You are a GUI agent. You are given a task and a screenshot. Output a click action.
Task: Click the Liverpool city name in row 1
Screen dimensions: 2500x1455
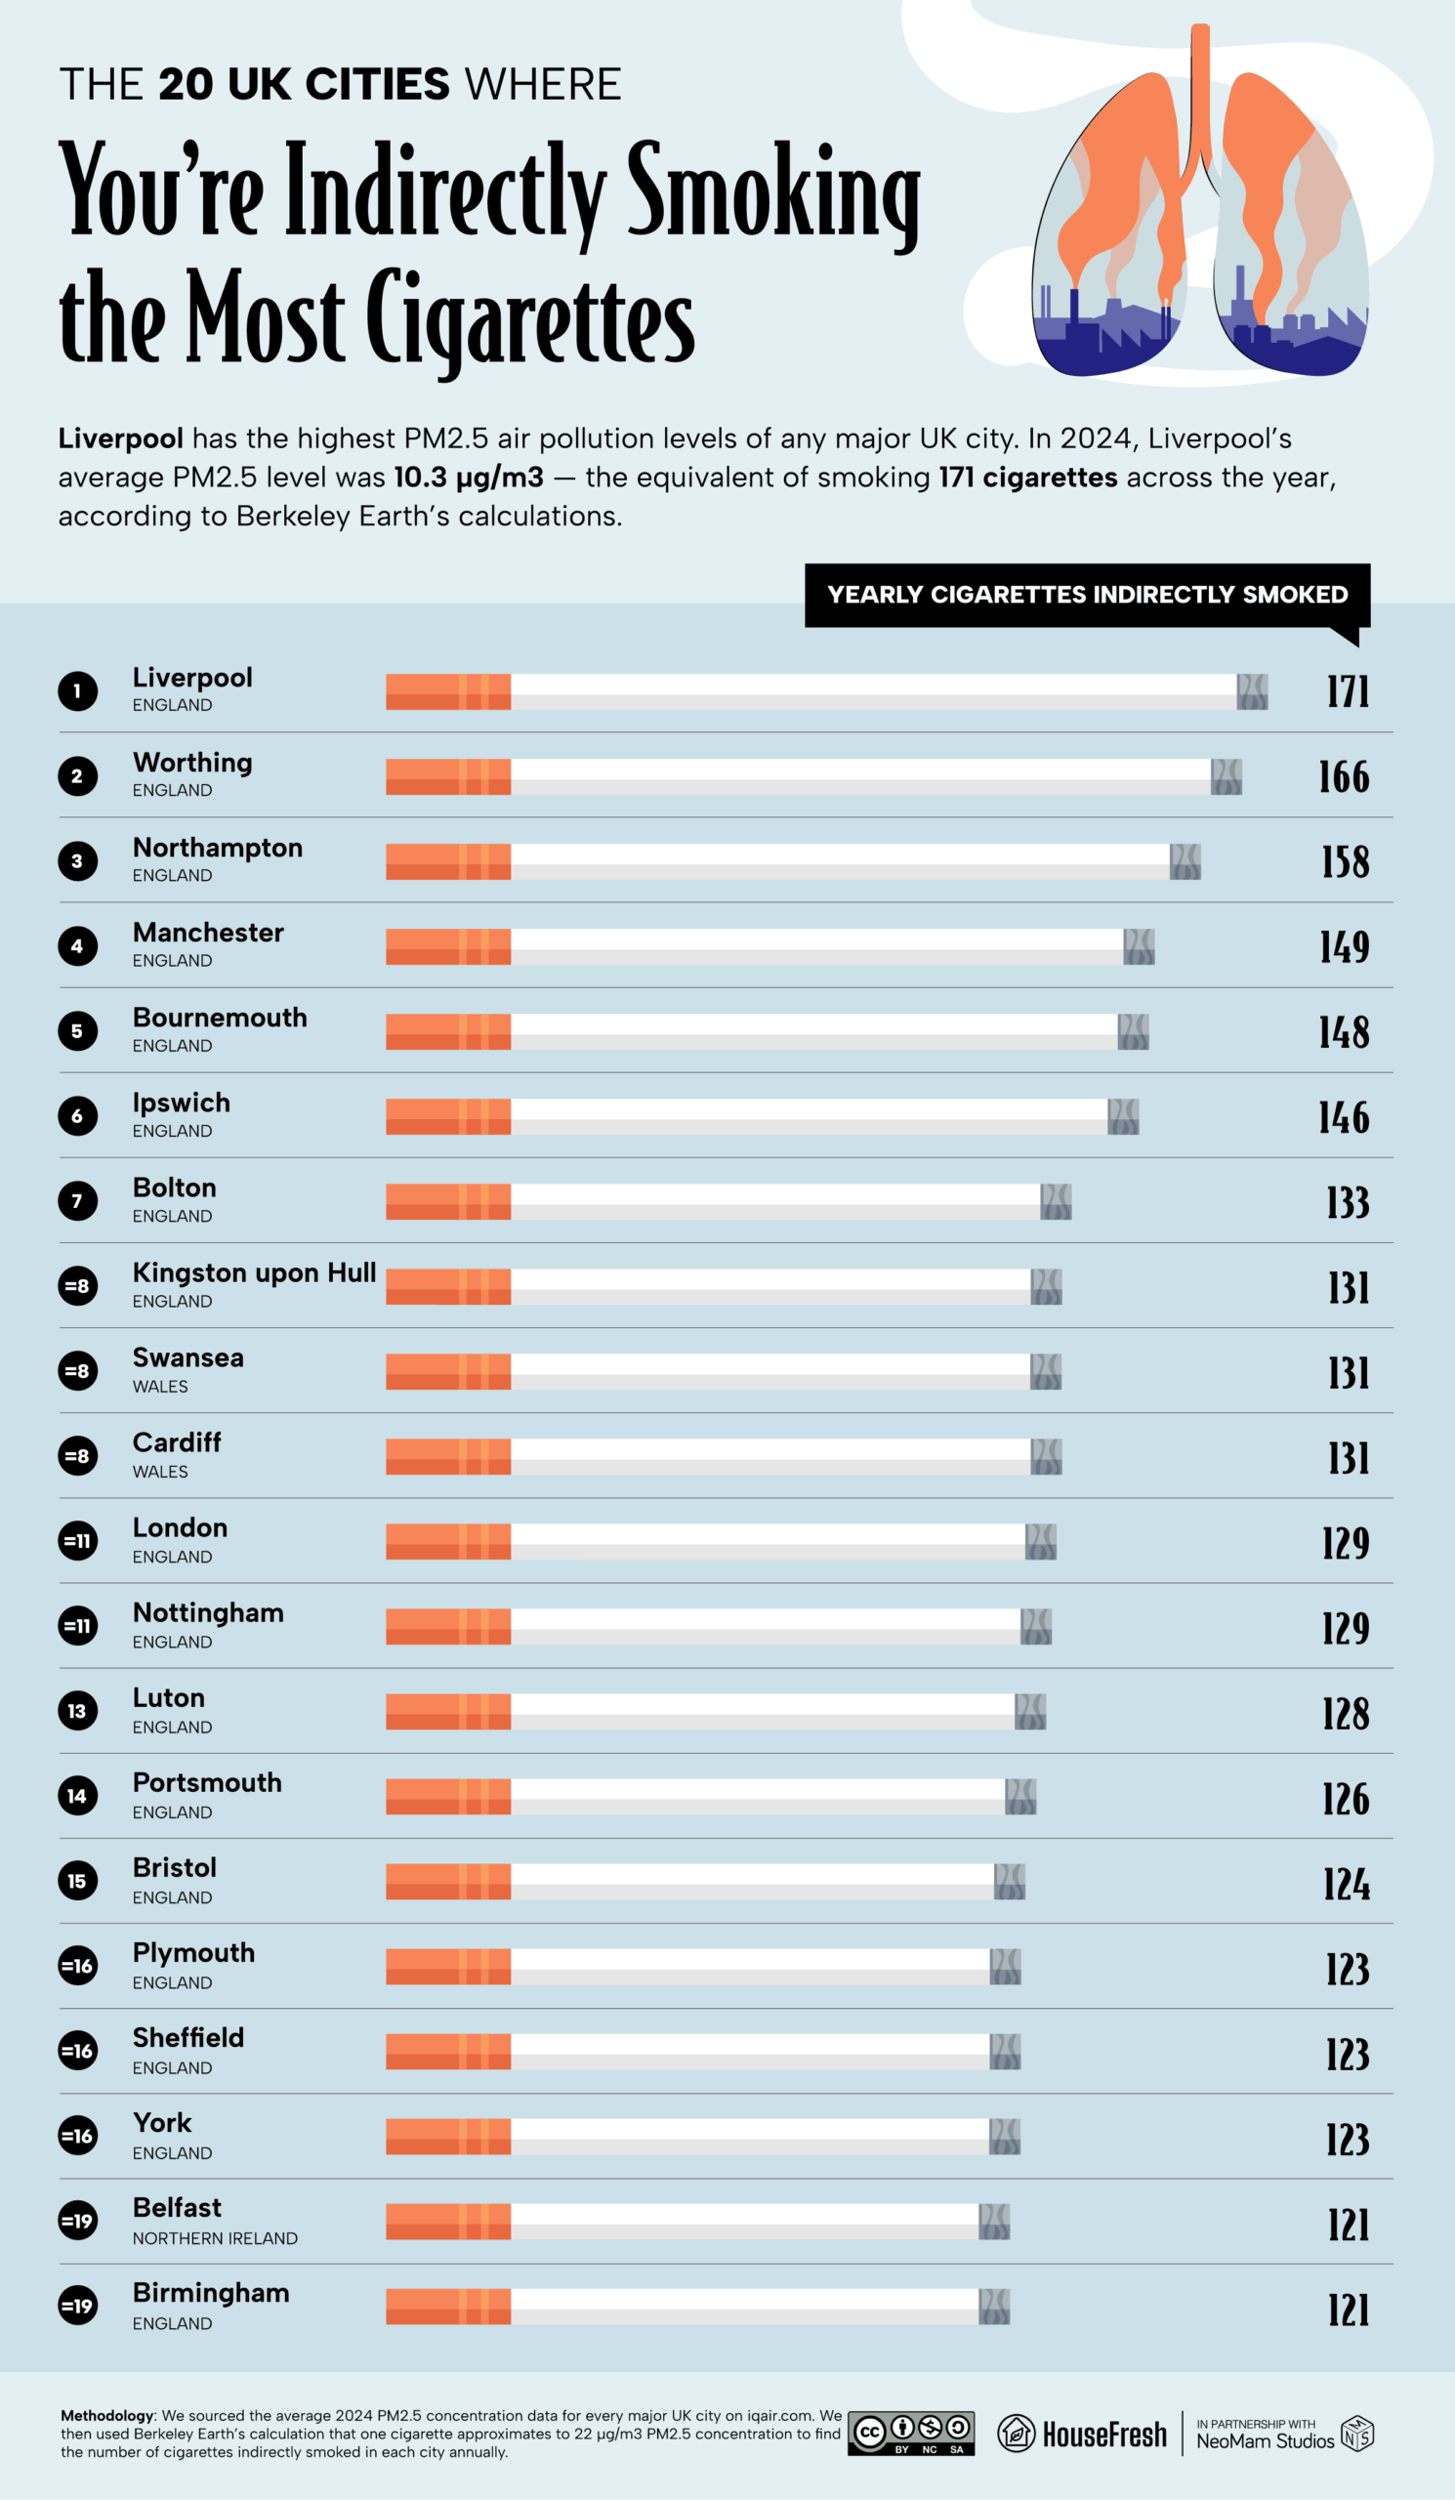point(192,678)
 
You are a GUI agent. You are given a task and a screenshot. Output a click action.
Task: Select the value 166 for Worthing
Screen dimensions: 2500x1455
point(1343,777)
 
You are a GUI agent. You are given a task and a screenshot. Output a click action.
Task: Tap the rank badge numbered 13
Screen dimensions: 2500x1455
point(77,1711)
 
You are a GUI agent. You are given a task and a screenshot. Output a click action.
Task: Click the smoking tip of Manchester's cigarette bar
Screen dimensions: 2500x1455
point(1139,947)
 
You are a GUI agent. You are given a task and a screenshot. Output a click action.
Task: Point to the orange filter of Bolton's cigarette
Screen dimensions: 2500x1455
point(447,1202)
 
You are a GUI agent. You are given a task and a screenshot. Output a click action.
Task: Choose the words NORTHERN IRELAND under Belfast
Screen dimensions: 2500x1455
point(215,2239)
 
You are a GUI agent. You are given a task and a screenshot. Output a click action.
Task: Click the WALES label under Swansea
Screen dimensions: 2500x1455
point(160,1387)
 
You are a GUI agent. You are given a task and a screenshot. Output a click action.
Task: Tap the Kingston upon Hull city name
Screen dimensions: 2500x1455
point(254,1272)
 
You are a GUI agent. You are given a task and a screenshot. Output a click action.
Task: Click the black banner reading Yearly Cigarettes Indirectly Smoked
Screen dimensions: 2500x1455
point(1087,596)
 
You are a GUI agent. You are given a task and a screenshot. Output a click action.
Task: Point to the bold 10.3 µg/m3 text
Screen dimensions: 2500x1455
point(468,478)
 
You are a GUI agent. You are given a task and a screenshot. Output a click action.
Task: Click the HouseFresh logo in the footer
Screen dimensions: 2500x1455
point(1082,2434)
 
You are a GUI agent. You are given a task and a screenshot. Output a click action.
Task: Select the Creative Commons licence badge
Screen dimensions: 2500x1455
point(910,2434)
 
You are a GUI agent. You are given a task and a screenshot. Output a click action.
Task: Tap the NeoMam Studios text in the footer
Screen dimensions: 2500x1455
point(1265,2441)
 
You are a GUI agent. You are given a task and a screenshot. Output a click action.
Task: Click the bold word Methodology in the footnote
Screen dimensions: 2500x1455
point(107,2416)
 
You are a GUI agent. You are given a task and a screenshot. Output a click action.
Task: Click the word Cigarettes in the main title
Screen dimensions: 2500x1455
point(529,317)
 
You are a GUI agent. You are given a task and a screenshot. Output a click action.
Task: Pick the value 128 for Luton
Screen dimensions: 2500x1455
point(1345,1713)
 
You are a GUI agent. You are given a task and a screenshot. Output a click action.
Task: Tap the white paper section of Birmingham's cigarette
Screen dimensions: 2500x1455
point(744,2308)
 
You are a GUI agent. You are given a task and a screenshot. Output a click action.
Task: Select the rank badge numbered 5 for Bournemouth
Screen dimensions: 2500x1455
point(77,1032)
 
